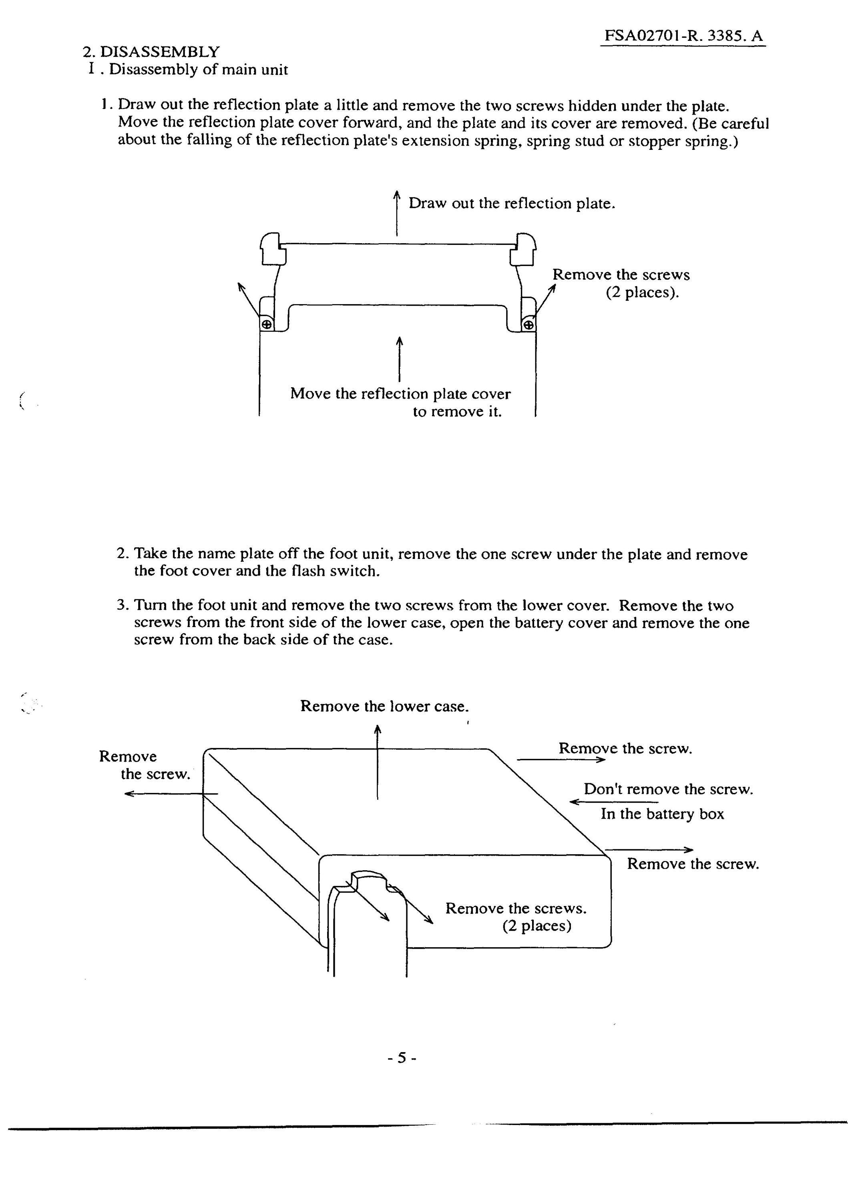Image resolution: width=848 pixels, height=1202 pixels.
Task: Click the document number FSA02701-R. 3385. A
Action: point(684,36)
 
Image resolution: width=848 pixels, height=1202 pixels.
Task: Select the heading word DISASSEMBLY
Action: point(160,52)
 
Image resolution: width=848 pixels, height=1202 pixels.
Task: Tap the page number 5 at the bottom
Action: point(402,1058)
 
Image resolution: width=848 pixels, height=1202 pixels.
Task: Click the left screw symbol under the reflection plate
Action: point(266,325)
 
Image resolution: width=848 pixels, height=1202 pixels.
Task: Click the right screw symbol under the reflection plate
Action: point(529,325)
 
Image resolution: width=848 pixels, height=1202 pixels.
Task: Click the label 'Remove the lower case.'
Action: point(384,706)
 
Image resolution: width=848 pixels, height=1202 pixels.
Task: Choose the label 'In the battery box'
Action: point(662,814)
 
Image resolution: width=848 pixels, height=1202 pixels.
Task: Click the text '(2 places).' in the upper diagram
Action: point(643,292)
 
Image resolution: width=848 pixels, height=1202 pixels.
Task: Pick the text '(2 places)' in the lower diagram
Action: point(537,926)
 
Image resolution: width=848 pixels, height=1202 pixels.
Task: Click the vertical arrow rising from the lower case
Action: point(377,762)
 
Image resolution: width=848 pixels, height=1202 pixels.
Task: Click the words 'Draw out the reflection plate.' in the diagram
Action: point(512,203)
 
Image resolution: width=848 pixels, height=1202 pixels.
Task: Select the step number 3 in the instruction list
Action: point(122,606)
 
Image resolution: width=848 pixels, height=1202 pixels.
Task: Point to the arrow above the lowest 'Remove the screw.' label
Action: point(649,850)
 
